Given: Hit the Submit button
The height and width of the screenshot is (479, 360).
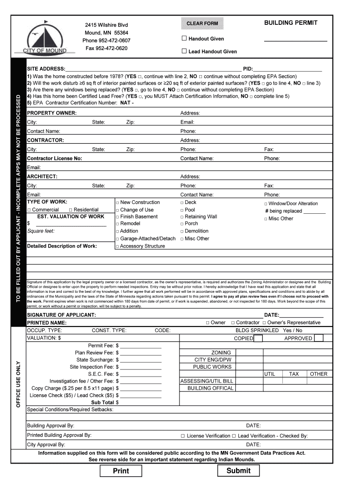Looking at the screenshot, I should pyautogui.click(x=238, y=471).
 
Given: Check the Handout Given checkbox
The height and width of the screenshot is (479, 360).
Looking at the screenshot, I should pyautogui.click(x=184, y=38).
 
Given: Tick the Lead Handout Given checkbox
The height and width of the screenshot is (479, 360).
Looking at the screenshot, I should pyautogui.click(x=184, y=51).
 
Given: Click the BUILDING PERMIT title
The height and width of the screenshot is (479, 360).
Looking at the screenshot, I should pyautogui.click(x=291, y=22).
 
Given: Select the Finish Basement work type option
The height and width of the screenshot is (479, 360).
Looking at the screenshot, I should pyautogui.click(x=118, y=217).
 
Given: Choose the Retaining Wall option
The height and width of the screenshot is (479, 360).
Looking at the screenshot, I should pyautogui.click(x=182, y=217).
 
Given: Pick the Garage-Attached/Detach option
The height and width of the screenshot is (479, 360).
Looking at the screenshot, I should pyautogui.click(x=118, y=239).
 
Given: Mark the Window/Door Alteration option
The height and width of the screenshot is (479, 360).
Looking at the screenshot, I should pyautogui.click(x=266, y=204).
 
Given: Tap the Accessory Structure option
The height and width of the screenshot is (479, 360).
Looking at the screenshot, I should pyautogui.click(x=118, y=247).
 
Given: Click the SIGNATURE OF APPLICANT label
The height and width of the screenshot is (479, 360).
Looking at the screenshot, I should pyautogui.click(x=62, y=315).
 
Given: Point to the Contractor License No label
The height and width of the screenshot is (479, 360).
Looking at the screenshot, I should pyautogui.click(x=55, y=159).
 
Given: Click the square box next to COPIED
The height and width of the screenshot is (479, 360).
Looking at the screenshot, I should pyautogui.click(x=258, y=338).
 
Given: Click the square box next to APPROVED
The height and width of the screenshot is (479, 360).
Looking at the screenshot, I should pyautogui.click(x=319, y=338).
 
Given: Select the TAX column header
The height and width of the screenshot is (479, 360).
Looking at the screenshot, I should pyautogui.click(x=294, y=374).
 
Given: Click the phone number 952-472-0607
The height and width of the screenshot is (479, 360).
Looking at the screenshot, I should pyautogui.click(x=107, y=41).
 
